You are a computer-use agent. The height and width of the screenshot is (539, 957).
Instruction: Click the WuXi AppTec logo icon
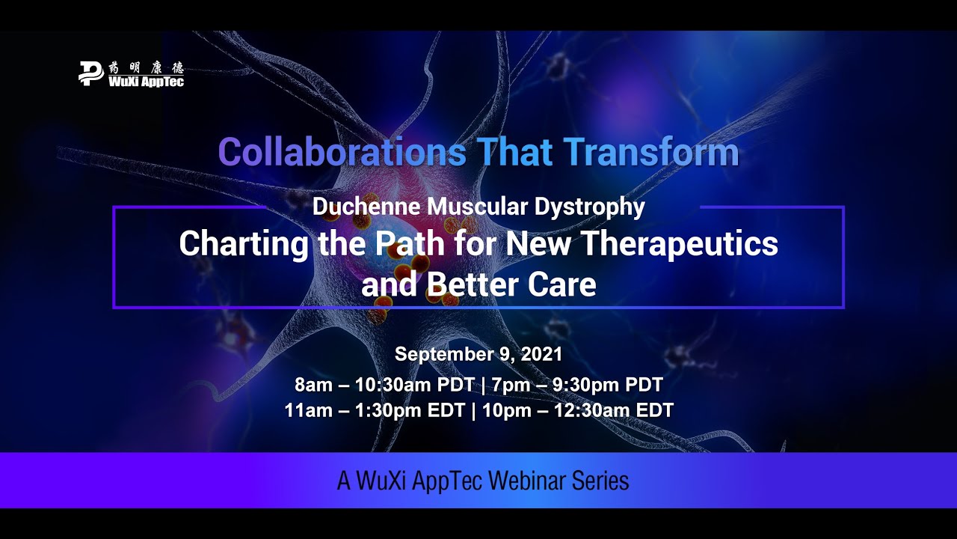pyautogui.click(x=91, y=73)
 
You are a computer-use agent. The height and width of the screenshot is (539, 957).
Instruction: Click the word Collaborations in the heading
pyautogui.click(x=340, y=153)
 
